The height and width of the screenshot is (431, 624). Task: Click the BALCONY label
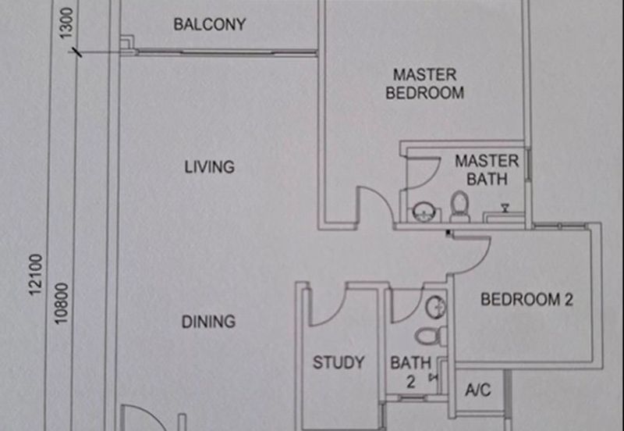(x=210, y=24)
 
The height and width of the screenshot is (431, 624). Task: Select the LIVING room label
(x=210, y=166)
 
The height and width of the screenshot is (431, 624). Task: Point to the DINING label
(x=208, y=321)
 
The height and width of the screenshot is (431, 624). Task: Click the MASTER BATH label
(x=487, y=170)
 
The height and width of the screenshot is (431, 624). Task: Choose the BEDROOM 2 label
(x=526, y=299)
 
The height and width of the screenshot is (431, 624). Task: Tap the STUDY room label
(x=339, y=362)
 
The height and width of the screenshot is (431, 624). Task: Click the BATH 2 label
(x=410, y=371)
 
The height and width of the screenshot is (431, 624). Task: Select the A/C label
(x=477, y=390)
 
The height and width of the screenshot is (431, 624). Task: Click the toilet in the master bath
(x=459, y=207)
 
